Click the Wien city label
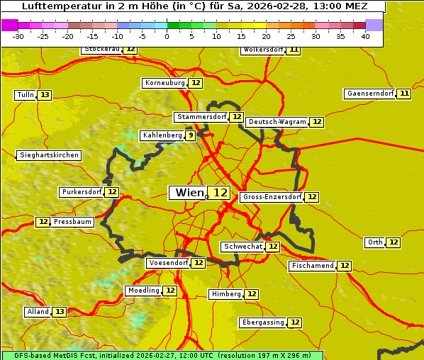(x=189, y=193)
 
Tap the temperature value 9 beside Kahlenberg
(x=190, y=135)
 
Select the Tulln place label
(x=25, y=95)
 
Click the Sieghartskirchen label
(x=48, y=155)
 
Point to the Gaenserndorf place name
(x=369, y=94)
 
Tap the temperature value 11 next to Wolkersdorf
(x=294, y=50)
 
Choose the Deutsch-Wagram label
(x=277, y=122)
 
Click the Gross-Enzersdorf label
(x=272, y=197)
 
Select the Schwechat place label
(x=242, y=247)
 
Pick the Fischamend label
(x=312, y=266)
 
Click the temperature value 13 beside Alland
(x=60, y=312)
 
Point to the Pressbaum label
(x=73, y=222)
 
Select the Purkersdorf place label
(x=82, y=192)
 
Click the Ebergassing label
(x=262, y=322)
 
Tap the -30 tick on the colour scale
(x=18, y=36)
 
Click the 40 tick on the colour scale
(x=365, y=36)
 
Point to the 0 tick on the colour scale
(x=167, y=36)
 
